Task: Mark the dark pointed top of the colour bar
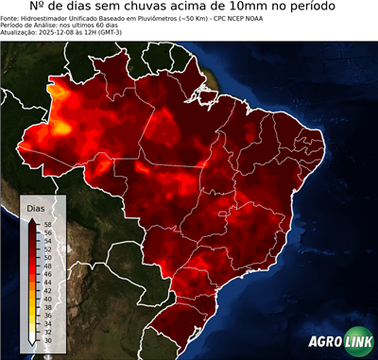[x=33, y=219]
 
